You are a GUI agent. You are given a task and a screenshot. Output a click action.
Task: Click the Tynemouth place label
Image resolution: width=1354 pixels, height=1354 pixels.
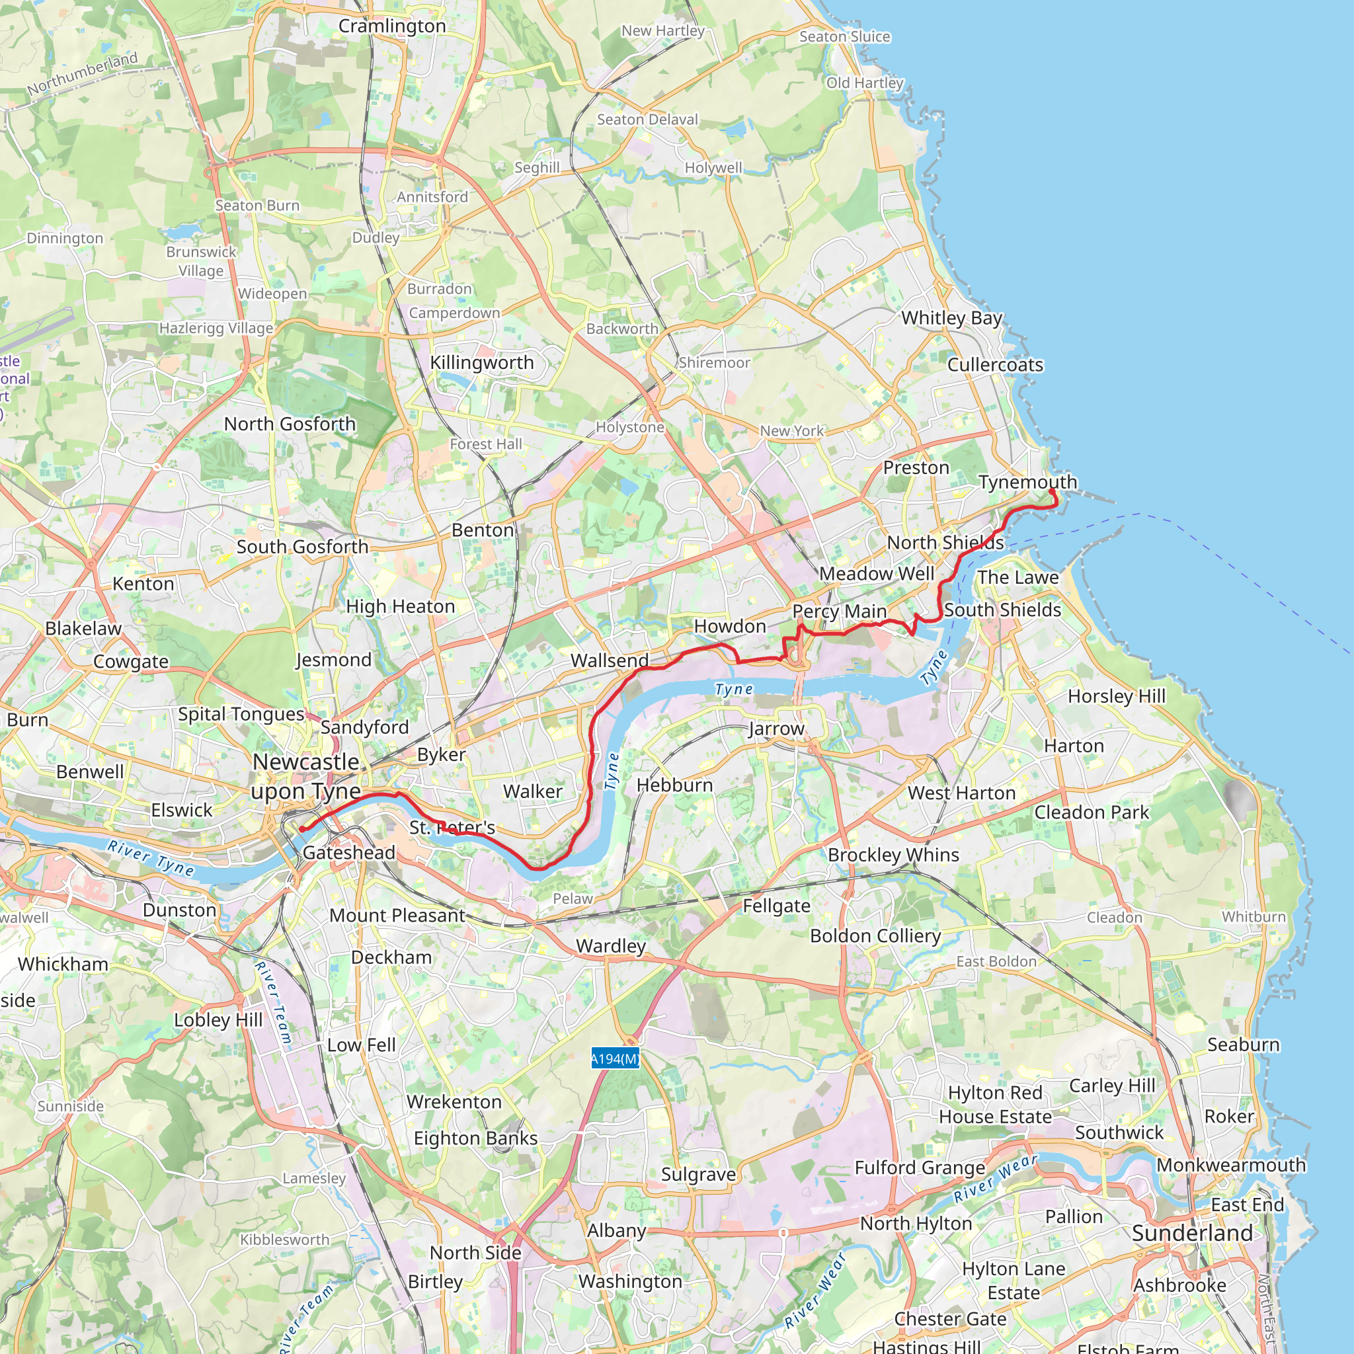click(1027, 482)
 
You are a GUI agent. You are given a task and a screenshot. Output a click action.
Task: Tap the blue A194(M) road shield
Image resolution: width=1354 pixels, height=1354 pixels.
click(615, 1058)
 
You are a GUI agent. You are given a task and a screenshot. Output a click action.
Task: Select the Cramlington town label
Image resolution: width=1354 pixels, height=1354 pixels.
click(392, 26)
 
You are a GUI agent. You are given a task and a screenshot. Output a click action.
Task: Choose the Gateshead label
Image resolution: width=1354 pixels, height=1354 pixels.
click(349, 852)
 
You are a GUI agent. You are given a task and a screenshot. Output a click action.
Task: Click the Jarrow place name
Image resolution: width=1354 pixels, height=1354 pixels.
click(777, 729)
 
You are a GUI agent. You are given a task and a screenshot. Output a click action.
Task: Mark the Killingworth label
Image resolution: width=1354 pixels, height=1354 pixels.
click(481, 362)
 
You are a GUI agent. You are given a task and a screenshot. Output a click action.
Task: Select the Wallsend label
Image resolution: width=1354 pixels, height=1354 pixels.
click(609, 660)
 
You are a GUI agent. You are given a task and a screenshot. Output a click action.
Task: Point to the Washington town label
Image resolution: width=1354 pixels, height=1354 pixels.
click(630, 1281)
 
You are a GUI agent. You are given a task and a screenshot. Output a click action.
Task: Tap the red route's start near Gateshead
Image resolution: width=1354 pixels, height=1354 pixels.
click(302, 829)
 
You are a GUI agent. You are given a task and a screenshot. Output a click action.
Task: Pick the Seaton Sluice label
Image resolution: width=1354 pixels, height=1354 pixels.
click(844, 36)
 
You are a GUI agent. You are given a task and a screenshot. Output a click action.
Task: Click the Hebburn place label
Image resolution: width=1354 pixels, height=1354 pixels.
click(674, 785)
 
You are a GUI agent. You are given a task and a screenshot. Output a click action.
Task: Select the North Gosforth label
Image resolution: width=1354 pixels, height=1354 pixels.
click(290, 424)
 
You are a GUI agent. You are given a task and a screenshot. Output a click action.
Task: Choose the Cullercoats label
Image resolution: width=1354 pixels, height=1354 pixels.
click(995, 365)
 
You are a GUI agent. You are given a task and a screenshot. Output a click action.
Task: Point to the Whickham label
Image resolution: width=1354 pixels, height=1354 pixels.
click(63, 964)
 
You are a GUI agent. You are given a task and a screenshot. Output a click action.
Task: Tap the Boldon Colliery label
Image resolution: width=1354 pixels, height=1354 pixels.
click(875, 936)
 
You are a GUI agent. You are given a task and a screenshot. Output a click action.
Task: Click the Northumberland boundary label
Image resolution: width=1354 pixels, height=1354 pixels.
click(83, 73)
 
